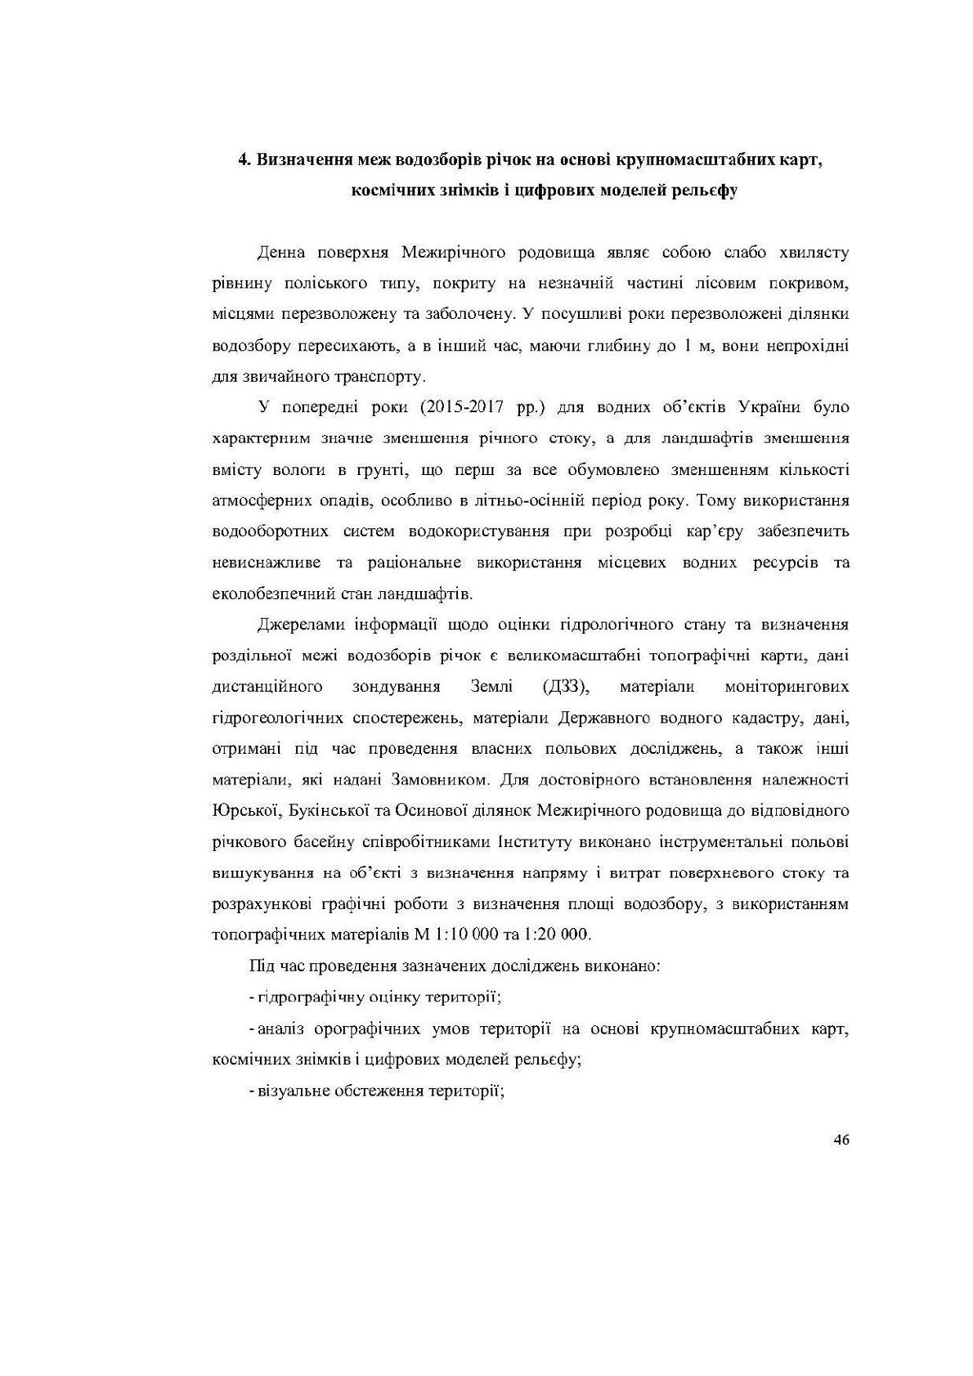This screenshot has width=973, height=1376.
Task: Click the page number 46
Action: tap(841, 1141)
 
